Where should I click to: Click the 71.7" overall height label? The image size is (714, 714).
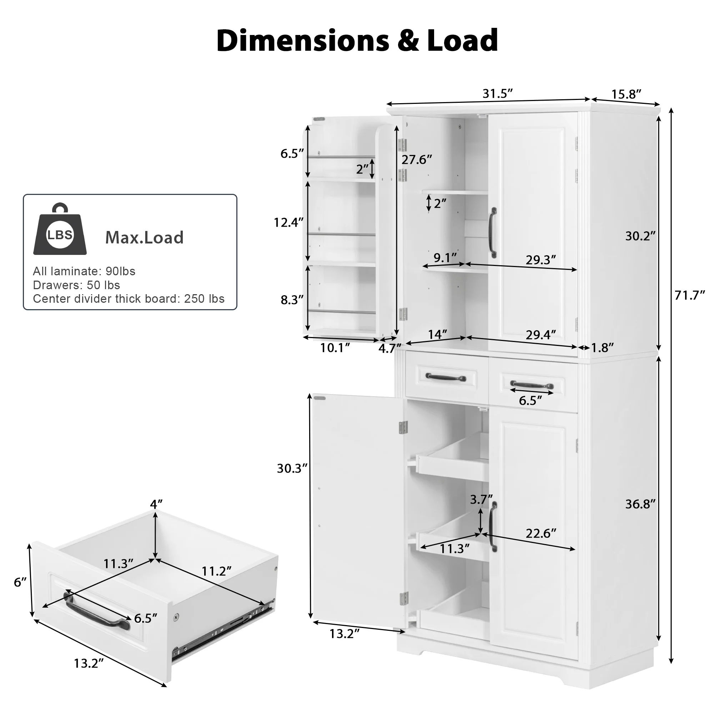coord(690,296)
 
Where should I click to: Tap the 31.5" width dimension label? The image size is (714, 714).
coord(497,94)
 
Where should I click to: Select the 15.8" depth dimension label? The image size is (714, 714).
coord(626,95)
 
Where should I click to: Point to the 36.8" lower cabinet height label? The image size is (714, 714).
coord(640,504)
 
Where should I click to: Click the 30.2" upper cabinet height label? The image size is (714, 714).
coord(640,236)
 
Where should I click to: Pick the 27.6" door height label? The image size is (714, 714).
coord(417,160)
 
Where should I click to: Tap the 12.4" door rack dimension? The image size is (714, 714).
coord(288,222)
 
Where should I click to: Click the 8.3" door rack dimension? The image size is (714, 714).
coord(292,300)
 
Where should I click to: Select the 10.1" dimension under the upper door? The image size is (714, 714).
coord(335,348)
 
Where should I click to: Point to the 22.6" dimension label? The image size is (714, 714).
coord(540,534)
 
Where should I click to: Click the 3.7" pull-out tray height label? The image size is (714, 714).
coord(481,500)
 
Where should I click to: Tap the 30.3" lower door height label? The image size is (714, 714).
coord(292,469)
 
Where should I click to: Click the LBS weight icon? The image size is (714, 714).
coord(60,231)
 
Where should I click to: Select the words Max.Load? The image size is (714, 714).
coord(144,238)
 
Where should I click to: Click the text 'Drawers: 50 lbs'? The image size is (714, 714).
coord(76,285)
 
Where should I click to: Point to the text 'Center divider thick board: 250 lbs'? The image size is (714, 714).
coord(129,299)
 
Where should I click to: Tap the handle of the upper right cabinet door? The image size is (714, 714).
coord(493,233)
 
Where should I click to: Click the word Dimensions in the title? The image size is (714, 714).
coord(303,40)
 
